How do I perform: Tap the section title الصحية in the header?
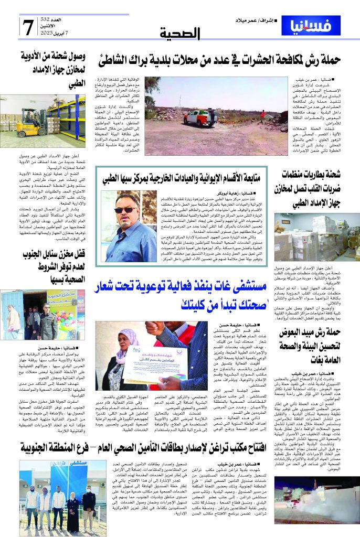[186, 35]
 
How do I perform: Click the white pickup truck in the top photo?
[200, 118]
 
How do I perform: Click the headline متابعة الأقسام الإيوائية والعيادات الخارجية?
[184, 176]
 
